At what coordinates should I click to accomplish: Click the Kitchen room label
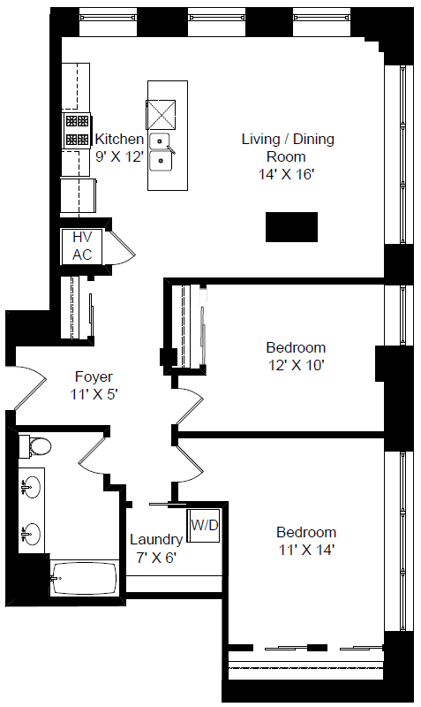pyautogui.click(x=119, y=139)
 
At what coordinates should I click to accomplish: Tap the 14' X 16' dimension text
pyautogui.click(x=286, y=174)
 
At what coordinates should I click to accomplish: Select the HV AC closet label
pyautogui.click(x=82, y=246)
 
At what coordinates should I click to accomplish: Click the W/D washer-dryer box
pyautogui.click(x=204, y=525)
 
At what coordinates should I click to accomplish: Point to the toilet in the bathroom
pyautogui.click(x=34, y=446)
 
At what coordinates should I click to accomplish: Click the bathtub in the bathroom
pyautogui.click(x=84, y=578)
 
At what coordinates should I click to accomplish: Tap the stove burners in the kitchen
pyautogui.click(x=77, y=130)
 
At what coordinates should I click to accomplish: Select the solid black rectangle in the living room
pyautogui.click(x=291, y=227)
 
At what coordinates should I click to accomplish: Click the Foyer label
pyautogui.click(x=94, y=376)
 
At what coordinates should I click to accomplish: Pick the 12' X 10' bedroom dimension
pyautogui.click(x=297, y=365)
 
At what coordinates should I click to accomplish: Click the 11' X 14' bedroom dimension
pyautogui.click(x=306, y=550)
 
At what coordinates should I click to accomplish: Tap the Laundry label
pyautogui.click(x=156, y=539)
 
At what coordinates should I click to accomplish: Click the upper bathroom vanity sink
pyautogui.click(x=31, y=488)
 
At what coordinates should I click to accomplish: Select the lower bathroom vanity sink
pyautogui.click(x=31, y=535)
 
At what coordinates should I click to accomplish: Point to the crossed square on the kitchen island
pyautogui.click(x=161, y=115)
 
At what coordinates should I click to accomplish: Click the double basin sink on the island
pyautogui.click(x=161, y=152)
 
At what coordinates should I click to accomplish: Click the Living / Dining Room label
pyautogui.click(x=288, y=148)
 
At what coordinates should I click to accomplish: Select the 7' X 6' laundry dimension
pyautogui.click(x=156, y=558)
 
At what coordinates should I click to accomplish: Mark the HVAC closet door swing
pyautogui.click(x=120, y=247)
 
